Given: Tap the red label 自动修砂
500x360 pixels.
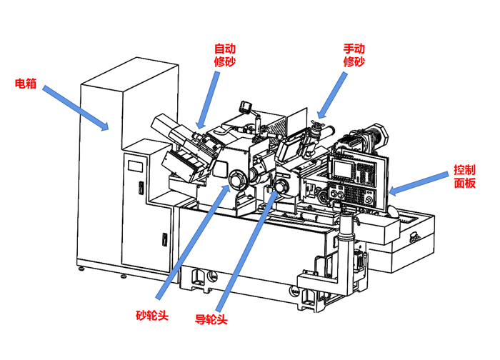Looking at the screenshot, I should (x=225, y=55).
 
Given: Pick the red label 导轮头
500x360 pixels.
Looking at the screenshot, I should (x=211, y=319).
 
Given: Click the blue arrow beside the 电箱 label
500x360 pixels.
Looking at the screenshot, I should (x=76, y=108).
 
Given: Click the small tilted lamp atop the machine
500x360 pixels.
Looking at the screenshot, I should (x=249, y=107).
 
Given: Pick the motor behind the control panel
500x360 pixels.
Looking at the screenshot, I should (x=368, y=139).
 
